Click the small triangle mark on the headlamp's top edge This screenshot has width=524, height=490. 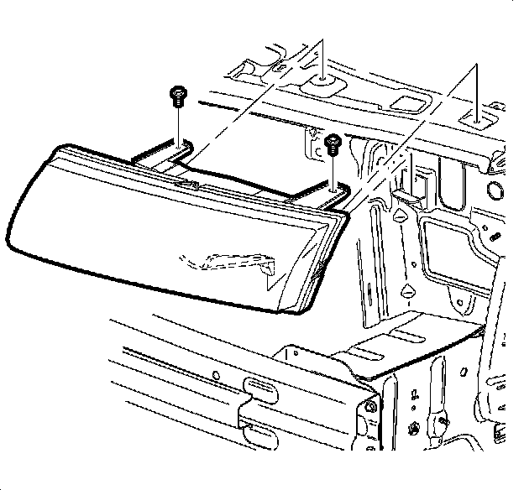coord(194,183)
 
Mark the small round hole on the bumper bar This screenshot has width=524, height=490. coord(216,375)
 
